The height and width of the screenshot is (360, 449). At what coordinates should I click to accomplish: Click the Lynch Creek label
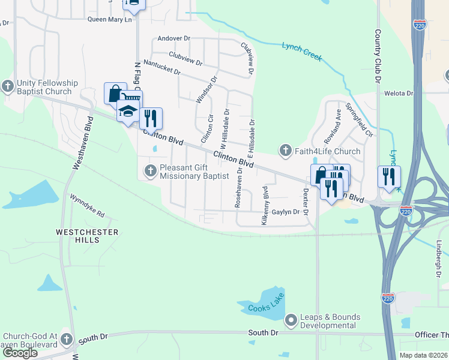click(x=302, y=52)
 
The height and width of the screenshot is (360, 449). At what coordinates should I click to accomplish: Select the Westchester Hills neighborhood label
click(x=77, y=235)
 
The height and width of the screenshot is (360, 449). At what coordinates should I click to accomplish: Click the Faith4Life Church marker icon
click(x=286, y=150)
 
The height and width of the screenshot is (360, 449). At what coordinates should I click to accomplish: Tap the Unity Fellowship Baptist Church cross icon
click(x=7, y=86)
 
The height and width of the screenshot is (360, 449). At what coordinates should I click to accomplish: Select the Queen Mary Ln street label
click(x=109, y=19)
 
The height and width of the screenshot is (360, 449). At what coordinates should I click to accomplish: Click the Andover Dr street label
click(x=173, y=38)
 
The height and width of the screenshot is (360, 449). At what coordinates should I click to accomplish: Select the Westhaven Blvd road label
click(x=76, y=139)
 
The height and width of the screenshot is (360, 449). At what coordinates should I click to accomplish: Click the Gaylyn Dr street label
click(x=286, y=212)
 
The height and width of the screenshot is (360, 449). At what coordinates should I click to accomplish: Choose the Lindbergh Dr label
click(x=439, y=255)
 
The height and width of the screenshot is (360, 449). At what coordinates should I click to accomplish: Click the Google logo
click(x=20, y=353)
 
